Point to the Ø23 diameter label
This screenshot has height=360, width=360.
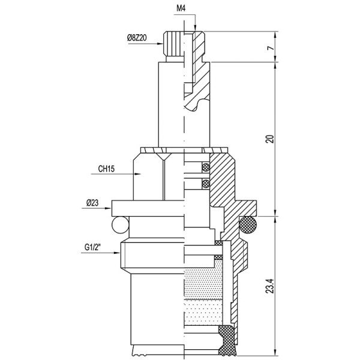click(92, 203)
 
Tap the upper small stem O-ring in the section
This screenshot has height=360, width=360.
click(206, 166)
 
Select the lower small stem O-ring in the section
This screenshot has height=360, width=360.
click(206, 182)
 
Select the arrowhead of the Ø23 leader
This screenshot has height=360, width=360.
click(110, 208)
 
